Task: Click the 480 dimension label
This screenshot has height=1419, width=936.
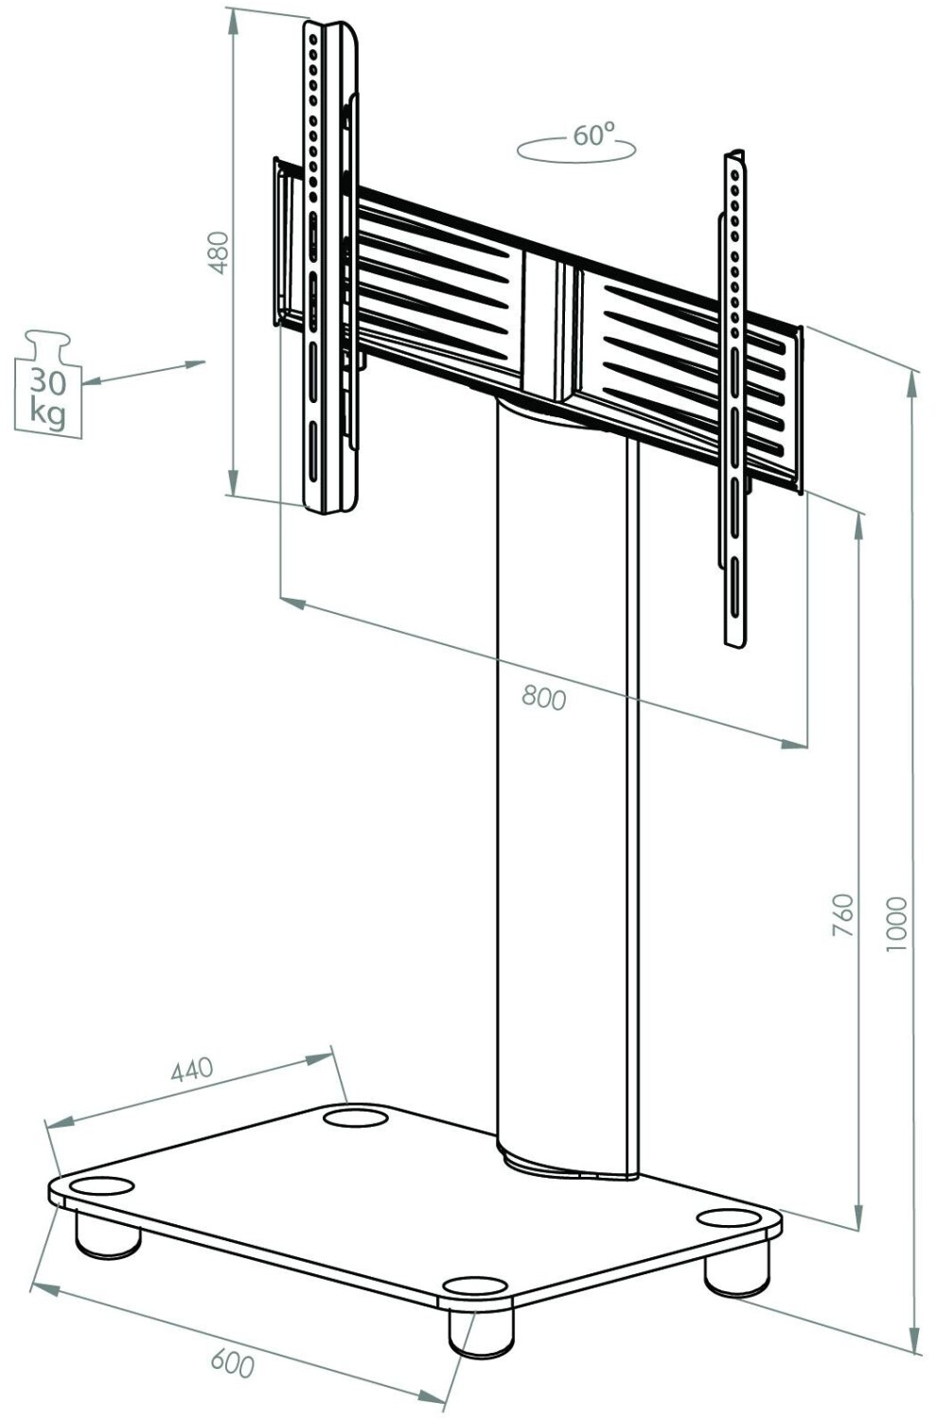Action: tap(219, 253)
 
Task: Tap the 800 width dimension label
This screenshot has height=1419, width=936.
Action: tap(544, 698)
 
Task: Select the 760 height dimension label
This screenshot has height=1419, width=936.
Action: tap(842, 915)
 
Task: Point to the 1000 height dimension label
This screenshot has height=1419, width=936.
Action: tap(896, 924)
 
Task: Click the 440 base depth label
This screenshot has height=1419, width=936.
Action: tap(192, 1070)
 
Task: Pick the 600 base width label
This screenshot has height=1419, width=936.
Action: tap(232, 1364)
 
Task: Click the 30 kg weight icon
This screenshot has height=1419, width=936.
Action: tap(48, 385)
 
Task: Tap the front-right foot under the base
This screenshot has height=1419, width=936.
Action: tap(481, 1332)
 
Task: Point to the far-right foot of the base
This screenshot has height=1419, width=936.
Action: tap(737, 1273)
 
